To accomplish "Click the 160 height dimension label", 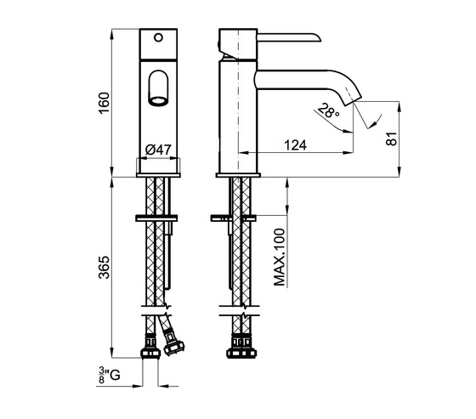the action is point(104,103).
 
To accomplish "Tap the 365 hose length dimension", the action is point(104,268).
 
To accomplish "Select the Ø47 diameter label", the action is point(158,150).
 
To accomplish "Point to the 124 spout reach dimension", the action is point(296,145).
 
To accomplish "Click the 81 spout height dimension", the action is point(391,139).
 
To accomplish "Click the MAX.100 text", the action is point(280,258).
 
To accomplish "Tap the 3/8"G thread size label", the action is point(110,376).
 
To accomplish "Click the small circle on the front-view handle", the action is point(158,37).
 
